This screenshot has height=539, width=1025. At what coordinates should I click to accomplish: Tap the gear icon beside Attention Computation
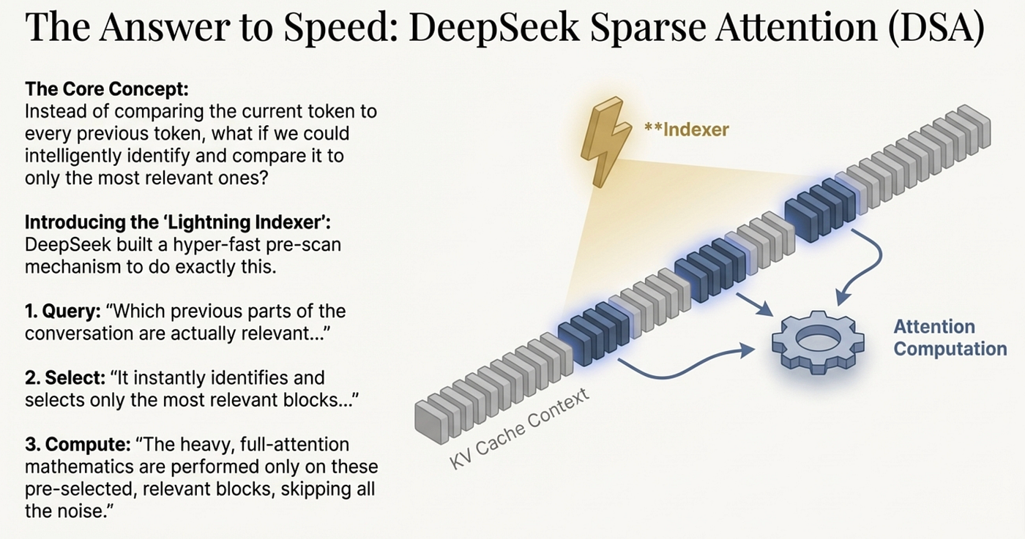(819, 342)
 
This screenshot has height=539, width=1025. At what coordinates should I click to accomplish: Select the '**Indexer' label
(687, 130)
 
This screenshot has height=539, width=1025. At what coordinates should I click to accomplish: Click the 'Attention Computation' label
(950, 338)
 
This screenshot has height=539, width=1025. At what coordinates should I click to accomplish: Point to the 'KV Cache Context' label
(519, 429)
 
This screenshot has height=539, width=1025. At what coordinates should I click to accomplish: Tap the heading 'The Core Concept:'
(107, 89)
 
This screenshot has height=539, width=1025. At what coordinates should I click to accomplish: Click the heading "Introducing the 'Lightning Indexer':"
(177, 222)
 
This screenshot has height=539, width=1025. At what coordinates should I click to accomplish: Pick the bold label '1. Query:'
(63, 312)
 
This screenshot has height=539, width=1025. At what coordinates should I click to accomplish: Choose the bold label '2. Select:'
(65, 378)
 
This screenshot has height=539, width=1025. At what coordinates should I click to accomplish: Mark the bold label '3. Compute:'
(78, 445)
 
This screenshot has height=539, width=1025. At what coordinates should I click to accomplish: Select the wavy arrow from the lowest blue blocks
(687, 364)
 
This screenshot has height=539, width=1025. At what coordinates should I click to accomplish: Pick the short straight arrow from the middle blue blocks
(755, 304)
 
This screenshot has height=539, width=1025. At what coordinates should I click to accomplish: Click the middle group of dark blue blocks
(710, 270)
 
